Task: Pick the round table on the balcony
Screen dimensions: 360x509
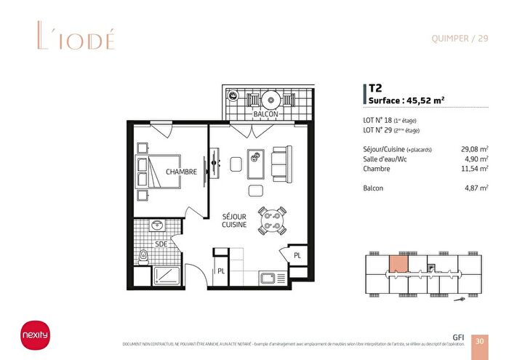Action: (x=268, y=98)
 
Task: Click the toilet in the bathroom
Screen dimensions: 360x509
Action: (x=145, y=255)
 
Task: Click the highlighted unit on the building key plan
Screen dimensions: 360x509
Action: (x=398, y=263)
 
